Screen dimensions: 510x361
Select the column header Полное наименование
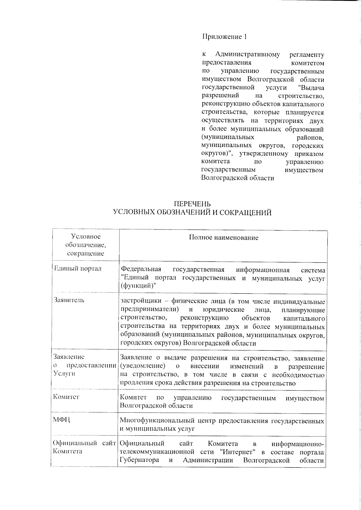click(224, 238)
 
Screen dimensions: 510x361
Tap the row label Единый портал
click(77, 268)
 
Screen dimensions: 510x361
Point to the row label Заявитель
click(69, 300)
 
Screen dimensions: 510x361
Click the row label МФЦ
click(62, 420)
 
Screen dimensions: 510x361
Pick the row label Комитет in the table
click(66, 396)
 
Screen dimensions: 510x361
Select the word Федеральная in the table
click(140, 269)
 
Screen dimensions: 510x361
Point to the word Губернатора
click(139, 460)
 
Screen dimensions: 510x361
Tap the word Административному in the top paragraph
click(248, 55)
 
